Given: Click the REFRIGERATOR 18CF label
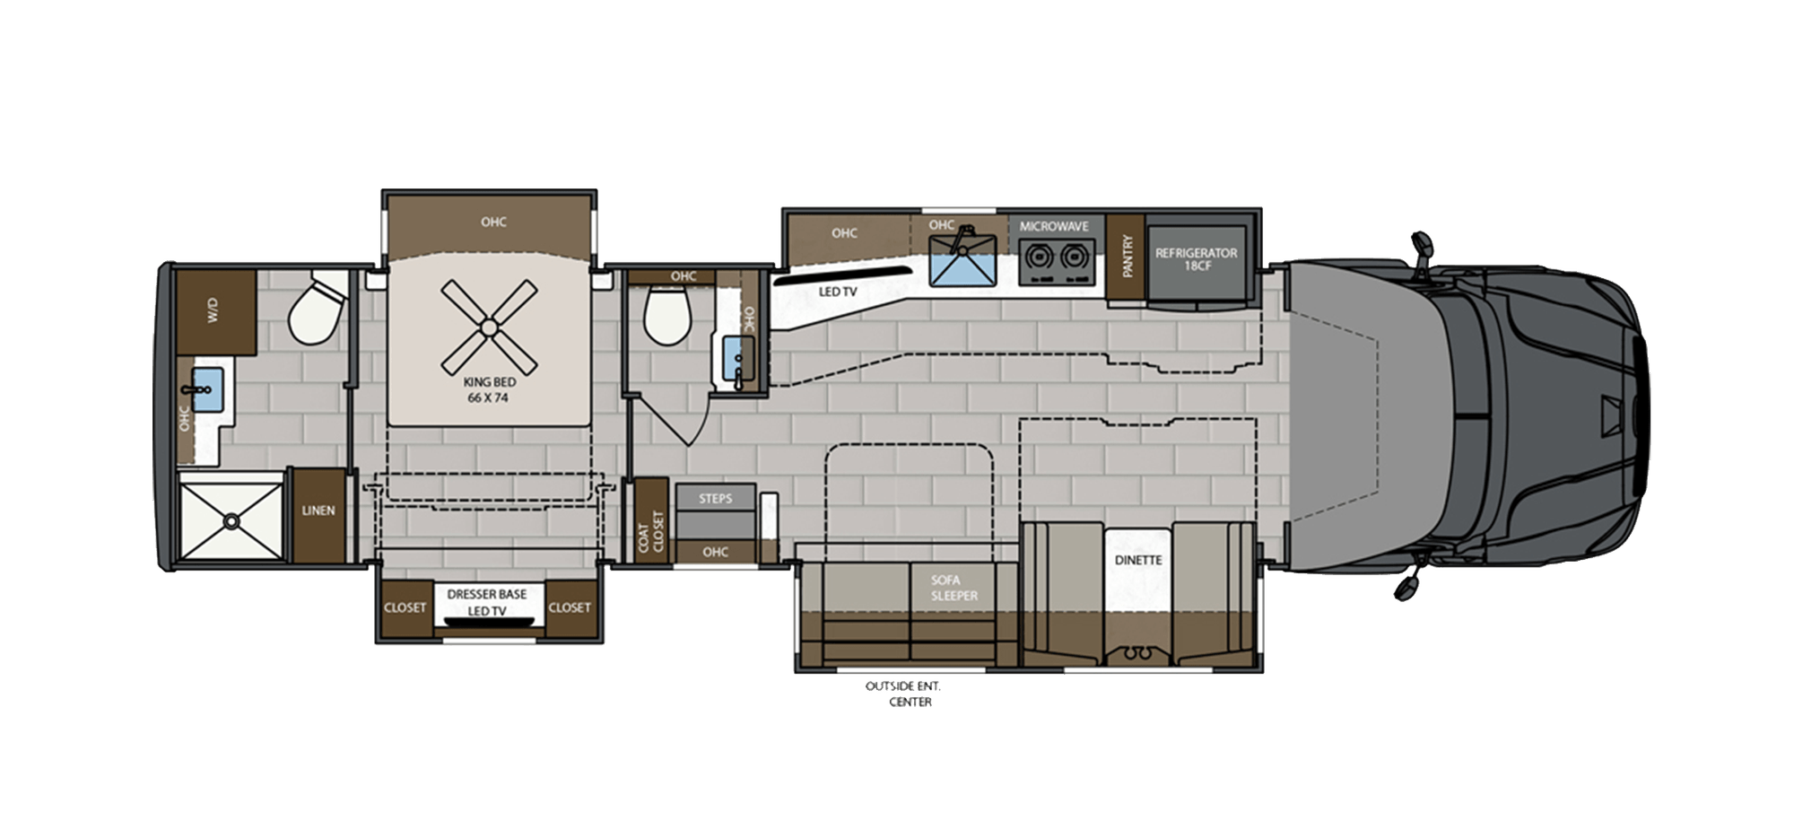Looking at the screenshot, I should [1196, 259].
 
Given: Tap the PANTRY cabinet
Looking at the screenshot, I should [1127, 257].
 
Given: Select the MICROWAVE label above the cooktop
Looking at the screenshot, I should [1053, 226].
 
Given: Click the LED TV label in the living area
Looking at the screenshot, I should [837, 292].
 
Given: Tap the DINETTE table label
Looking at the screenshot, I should [1137, 560].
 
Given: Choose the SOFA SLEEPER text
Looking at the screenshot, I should [954, 588].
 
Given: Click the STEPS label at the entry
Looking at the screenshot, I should [715, 498].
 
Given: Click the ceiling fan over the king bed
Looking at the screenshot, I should [490, 327].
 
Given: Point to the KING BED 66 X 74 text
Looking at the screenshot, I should [490, 389].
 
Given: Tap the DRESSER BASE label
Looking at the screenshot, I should [486, 594].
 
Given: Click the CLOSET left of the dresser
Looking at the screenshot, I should [405, 607].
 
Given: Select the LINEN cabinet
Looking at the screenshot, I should [318, 511].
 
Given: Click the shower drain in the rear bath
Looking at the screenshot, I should [232, 519].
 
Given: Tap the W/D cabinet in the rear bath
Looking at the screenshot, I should [215, 311].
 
